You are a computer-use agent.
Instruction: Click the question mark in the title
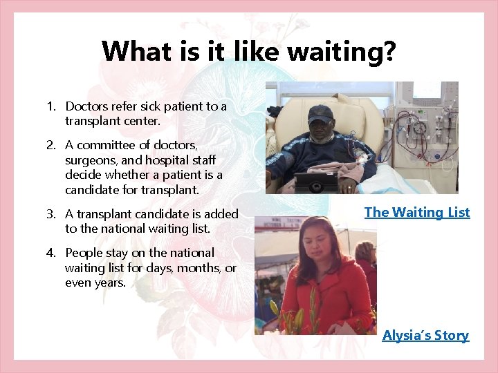pyautogui.click(x=389, y=51)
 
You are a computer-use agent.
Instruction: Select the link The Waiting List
pyautogui.click(x=417, y=213)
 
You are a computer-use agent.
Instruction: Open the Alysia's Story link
pyautogui.click(x=425, y=336)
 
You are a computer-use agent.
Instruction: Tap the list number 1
pyautogui.click(x=50, y=106)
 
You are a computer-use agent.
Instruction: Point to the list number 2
pyautogui.click(x=50, y=145)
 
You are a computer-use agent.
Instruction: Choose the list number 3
pyautogui.click(x=50, y=215)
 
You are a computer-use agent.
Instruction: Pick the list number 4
pyautogui.click(x=50, y=254)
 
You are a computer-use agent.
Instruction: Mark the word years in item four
pyautogui.click(x=111, y=283)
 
